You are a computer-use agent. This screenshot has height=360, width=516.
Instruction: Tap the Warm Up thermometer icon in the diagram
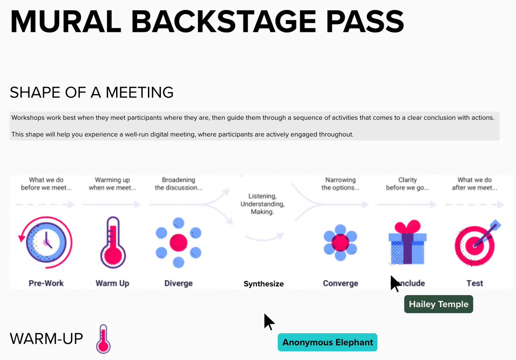[x=112, y=243]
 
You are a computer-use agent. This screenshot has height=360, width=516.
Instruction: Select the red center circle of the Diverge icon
[x=178, y=243]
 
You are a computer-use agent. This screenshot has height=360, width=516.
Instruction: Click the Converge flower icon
[x=340, y=243]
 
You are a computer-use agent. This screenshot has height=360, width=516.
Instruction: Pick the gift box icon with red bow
[x=407, y=243]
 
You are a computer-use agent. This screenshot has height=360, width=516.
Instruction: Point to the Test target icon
[x=475, y=243]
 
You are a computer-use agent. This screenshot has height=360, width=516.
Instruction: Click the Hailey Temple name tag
[x=438, y=304]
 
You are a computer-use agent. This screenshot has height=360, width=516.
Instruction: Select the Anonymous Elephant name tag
[x=327, y=342]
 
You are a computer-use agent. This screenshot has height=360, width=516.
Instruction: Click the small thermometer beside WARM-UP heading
[x=103, y=338]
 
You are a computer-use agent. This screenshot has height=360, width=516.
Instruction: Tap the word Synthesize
[x=264, y=284]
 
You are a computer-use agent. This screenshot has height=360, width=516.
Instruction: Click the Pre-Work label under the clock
[x=46, y=283]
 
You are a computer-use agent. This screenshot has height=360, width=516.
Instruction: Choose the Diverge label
[x=178, y=283]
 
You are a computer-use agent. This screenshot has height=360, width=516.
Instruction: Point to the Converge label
[x=340, y=283]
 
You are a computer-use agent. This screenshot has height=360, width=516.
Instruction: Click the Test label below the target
[x=475, y=283]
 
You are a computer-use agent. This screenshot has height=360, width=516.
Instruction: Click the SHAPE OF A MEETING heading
[x=92, y=92]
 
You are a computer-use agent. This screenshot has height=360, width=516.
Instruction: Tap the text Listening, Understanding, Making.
[x=262, y=204]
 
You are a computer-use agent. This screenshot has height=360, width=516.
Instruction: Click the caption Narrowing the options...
[x=340, y=184]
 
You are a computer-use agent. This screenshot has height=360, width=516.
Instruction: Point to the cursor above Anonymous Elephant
[x=269, y=321]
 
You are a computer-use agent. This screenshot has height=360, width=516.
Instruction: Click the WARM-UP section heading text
[x=46, y=338]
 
